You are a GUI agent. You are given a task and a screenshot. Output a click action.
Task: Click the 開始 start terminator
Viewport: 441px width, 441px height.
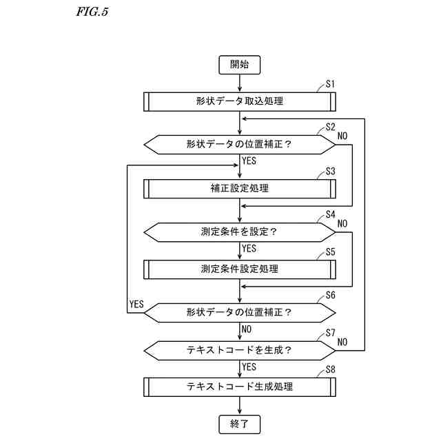(240, 65)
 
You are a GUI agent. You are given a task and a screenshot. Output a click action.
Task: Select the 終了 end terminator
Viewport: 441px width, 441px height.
(240, 422)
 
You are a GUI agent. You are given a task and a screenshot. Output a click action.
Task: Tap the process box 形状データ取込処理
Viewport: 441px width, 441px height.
(240, 101)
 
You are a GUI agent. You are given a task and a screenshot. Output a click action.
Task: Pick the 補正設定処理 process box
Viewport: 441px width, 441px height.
(240, 188)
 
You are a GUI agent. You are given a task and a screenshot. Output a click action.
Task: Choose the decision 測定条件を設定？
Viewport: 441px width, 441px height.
(240, 232)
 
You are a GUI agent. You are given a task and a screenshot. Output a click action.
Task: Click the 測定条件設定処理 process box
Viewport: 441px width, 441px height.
(240, 268)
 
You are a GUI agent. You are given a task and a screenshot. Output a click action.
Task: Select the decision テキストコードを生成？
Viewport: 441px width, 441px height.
(240, 349)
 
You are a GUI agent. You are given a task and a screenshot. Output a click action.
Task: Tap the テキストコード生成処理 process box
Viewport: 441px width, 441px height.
(240, 387)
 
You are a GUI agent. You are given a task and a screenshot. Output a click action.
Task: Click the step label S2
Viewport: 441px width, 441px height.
(330, 127)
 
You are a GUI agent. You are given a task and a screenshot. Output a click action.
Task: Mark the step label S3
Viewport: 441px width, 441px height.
(330, 171)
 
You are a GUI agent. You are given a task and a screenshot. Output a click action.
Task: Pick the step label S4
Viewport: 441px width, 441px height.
(330, 214)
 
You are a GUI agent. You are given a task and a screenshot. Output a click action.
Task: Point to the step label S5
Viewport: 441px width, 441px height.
(330, 252)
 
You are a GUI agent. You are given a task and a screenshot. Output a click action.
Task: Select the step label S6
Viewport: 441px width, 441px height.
(330, 295)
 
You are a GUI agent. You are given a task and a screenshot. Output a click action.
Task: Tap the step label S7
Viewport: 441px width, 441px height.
(330, 333)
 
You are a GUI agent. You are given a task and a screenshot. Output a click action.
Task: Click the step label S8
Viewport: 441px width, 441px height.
(330, 370)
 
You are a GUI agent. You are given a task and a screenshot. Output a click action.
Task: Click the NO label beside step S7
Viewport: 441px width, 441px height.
(342, 342)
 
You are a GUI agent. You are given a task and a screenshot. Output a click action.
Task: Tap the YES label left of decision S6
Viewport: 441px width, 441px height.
(136, 304)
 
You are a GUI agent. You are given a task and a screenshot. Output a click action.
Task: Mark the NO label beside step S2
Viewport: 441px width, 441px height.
(342, 136)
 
